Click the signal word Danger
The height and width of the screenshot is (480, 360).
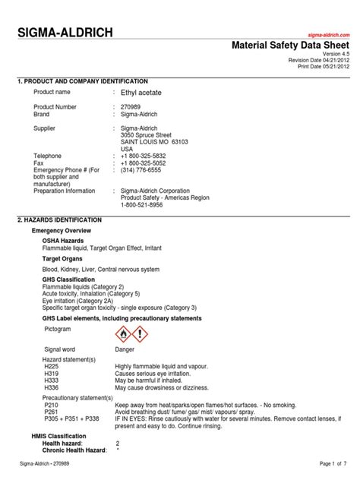tap(125, 349)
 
